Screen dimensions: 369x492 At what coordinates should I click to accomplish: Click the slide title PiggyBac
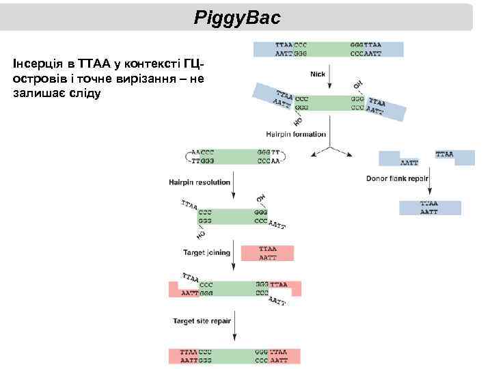tap(237, 16)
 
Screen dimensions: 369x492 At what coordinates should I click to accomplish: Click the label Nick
tap(318, 74)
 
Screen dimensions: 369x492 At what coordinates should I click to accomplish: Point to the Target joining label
tap(206, 253)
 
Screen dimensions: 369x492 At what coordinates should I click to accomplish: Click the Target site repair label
tap(202, 320)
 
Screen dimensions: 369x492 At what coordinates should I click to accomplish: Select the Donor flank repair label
tap(397, 179)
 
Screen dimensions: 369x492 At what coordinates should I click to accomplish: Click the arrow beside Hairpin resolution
tap(234, 184)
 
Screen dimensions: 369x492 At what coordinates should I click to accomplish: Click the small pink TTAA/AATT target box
tap(267, 254)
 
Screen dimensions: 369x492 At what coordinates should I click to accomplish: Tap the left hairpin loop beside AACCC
tap(187, 157)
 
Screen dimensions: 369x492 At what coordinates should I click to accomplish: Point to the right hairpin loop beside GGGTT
tap(283, 157)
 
